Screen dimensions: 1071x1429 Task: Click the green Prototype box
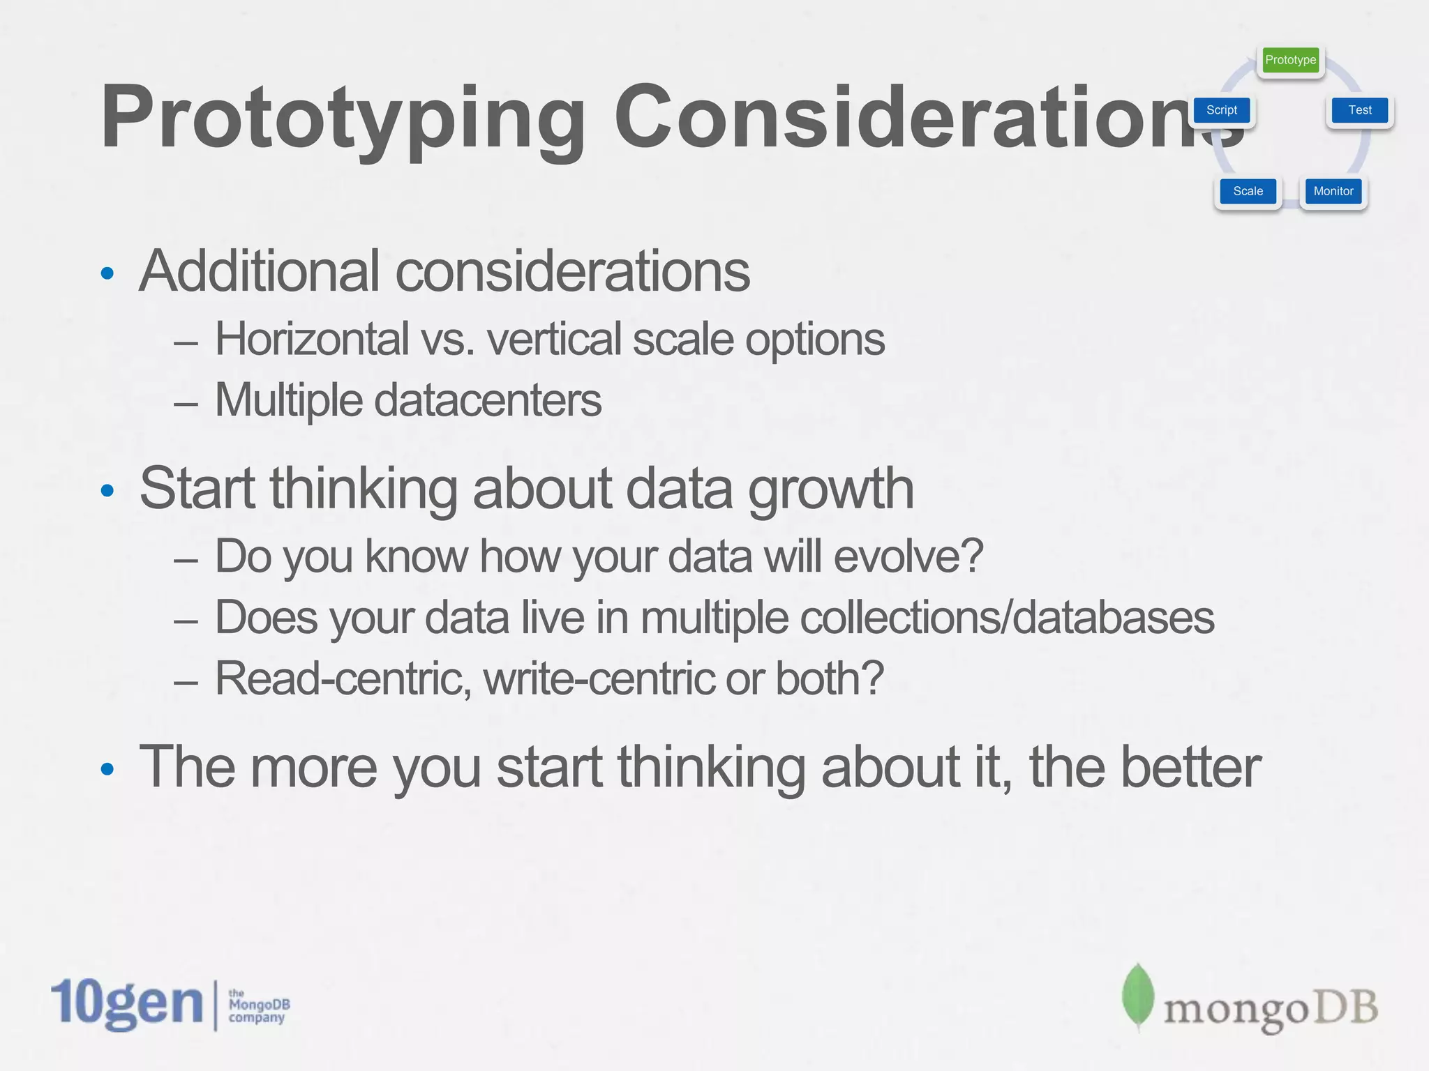(1290, 60)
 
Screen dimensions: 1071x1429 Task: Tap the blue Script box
(1221, 110)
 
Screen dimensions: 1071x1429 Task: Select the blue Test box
(1359, 110)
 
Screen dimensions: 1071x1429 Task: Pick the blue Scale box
(1248, 191)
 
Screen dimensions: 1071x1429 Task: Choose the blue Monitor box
(1333, 191)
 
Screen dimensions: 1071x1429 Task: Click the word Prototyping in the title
(342, 117)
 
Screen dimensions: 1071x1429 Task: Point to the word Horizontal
(311, 339)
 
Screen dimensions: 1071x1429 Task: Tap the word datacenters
(488, 400)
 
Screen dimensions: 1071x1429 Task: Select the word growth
(830, 489)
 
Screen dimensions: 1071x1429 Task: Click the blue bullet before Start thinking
(107, 491)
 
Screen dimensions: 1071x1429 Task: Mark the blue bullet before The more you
(107, 770)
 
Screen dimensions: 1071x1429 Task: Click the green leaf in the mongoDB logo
(1137, 996)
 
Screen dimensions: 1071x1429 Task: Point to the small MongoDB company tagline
(258, 1005)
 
